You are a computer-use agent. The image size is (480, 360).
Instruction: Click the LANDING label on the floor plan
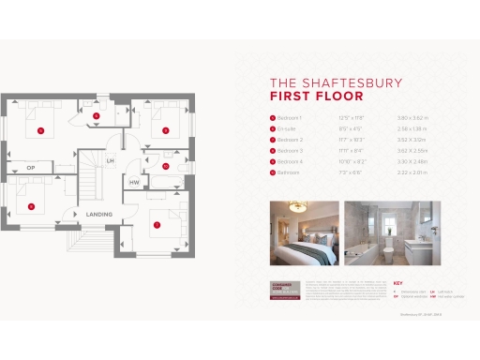(99, 215)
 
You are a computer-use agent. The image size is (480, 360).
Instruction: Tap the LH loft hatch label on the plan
(111, 161)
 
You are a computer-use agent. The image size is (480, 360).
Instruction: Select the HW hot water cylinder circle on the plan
(134, 181)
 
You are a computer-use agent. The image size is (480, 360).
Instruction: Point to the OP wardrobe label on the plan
(30, 168)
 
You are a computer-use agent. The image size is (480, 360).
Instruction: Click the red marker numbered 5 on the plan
(41, 131)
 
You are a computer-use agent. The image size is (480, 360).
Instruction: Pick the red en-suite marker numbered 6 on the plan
(97, 115)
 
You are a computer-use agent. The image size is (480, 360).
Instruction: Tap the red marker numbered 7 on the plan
(157, 224)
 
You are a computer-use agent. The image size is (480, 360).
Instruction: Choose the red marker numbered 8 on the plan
(31, 205)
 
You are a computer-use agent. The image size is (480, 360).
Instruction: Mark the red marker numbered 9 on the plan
(165, 130)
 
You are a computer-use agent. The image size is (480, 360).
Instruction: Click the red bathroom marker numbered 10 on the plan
(165, 166)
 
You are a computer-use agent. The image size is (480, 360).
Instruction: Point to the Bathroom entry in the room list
(290, 172)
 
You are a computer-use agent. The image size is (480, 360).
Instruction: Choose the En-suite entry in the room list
(288, 127)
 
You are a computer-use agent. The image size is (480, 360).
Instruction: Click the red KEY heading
(397, 283)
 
